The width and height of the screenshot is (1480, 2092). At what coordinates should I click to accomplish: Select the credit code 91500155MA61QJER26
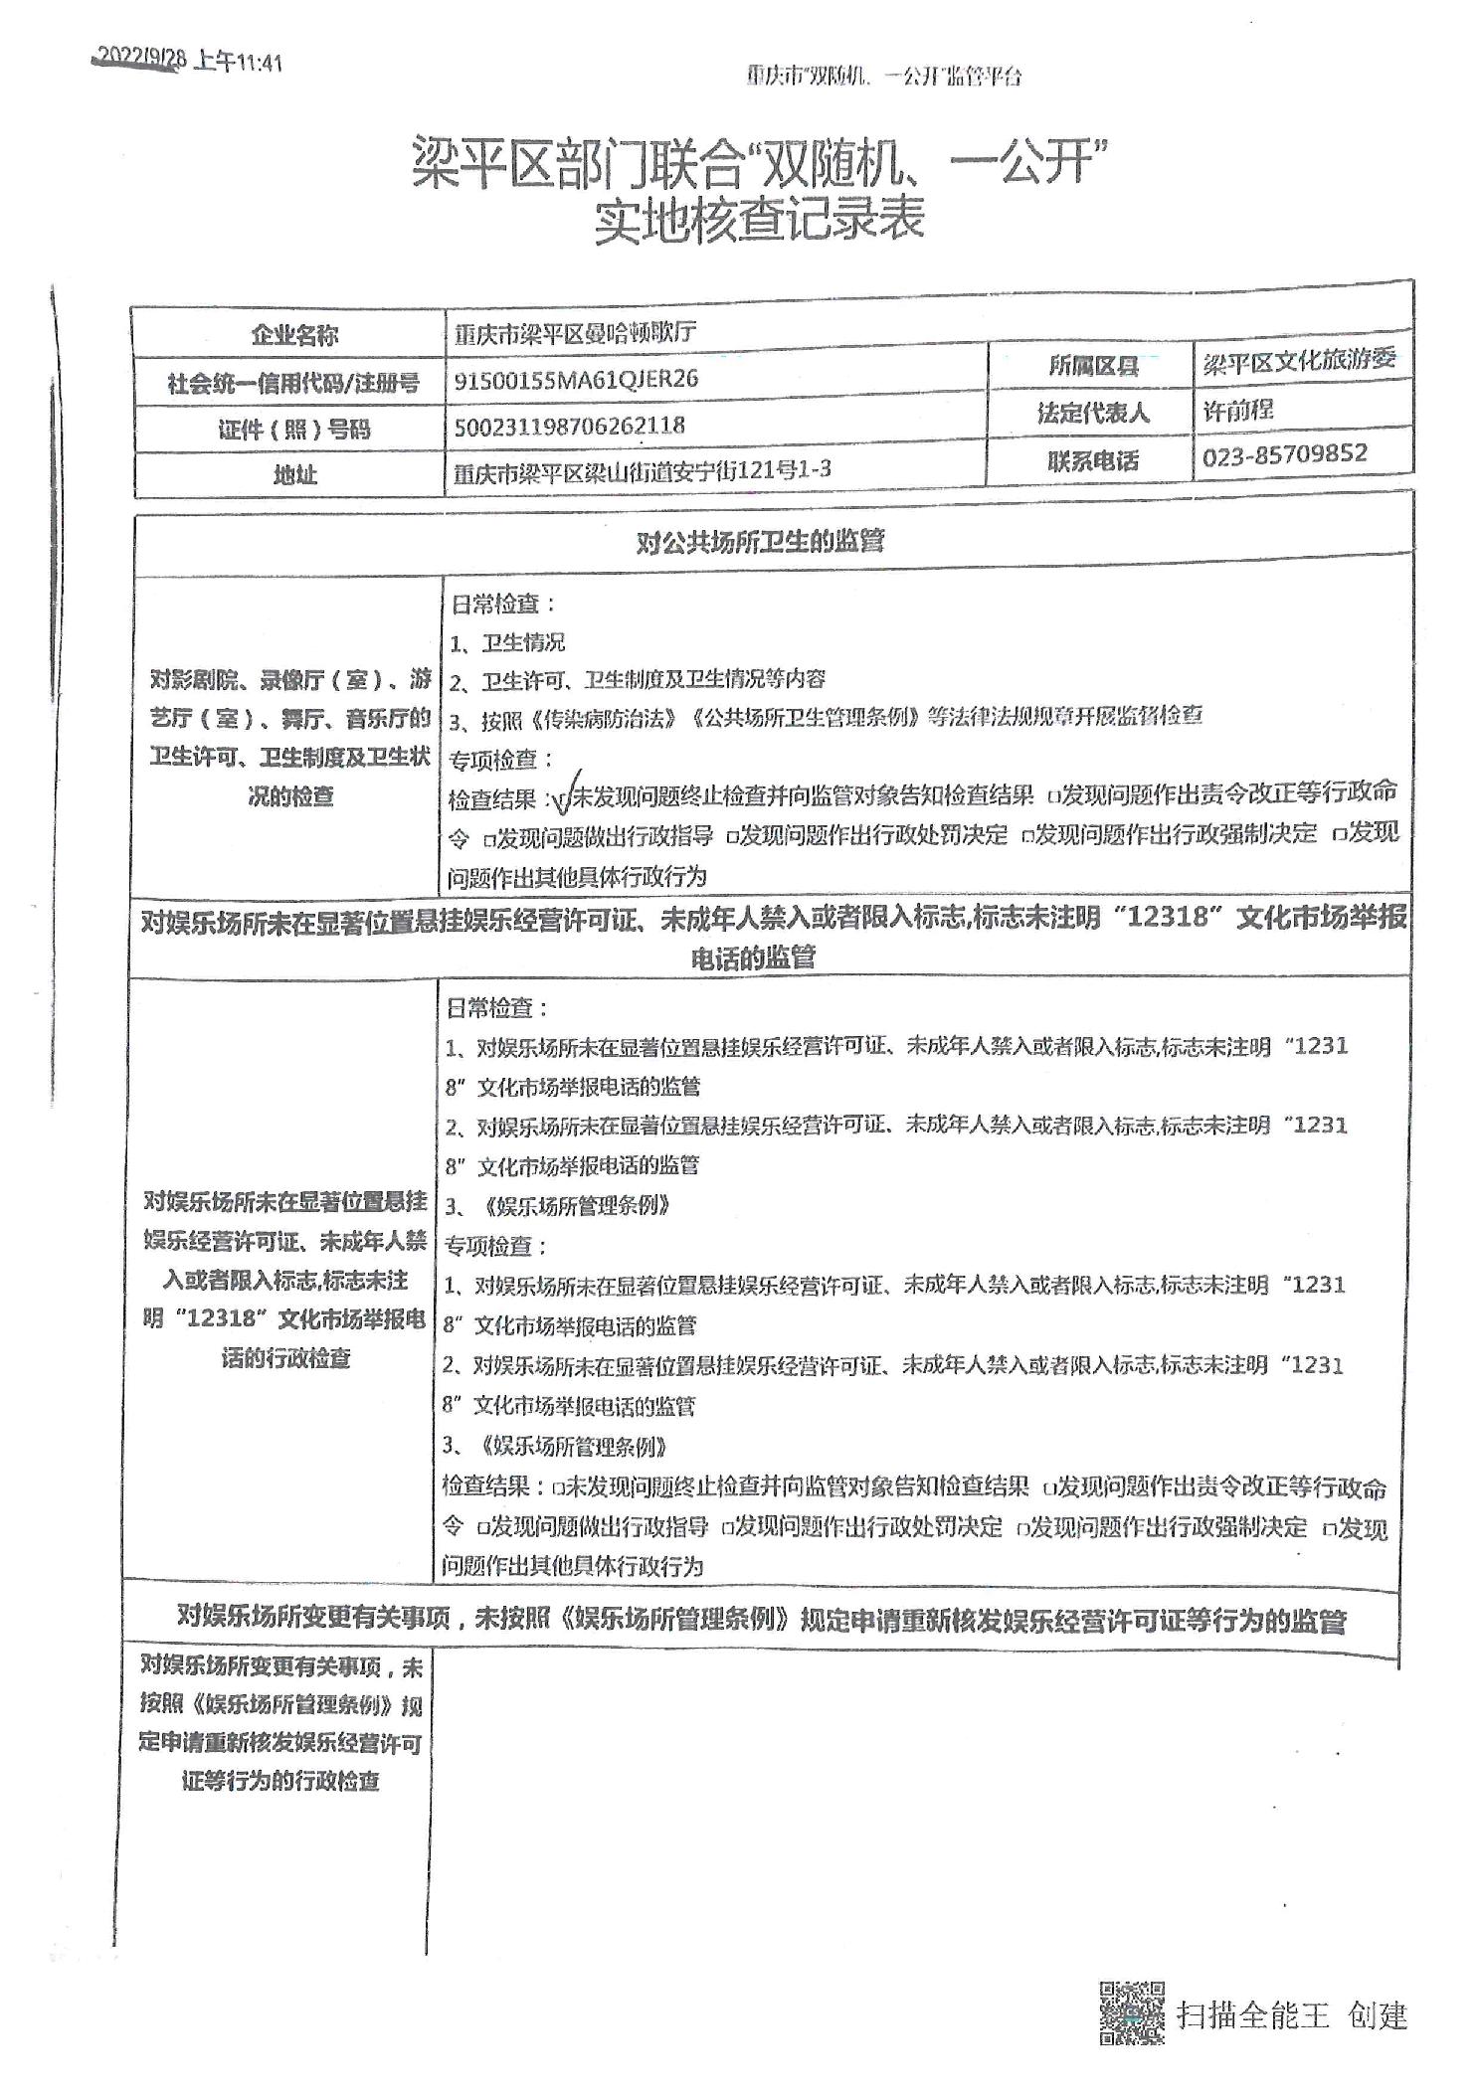tap(576, 379)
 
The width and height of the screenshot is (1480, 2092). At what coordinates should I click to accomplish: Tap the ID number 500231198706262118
tap(569, 426)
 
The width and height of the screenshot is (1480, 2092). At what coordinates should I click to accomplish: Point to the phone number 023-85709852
tap(1285, 455)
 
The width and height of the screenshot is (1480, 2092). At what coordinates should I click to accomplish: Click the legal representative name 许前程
tap(1238, 410)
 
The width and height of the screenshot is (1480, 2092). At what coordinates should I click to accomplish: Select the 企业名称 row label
tap(294, 336)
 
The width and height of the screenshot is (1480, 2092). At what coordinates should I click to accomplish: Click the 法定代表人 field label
tap(1093, 413)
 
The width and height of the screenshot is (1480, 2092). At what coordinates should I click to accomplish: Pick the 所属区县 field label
tap(1093, 366)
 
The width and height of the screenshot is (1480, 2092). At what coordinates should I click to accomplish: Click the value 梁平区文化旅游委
tap(1299, 361)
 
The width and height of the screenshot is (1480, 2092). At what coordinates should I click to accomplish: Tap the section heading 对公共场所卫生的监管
tap(760, 542)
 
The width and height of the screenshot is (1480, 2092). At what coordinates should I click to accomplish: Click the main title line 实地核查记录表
tap(760, 220)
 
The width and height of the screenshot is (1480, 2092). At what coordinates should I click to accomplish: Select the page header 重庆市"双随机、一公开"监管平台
tap(884, 77)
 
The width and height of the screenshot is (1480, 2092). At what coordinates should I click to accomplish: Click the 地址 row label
tap(294, 475)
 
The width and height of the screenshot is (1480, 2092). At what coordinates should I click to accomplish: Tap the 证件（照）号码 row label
tap(294, 430)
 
